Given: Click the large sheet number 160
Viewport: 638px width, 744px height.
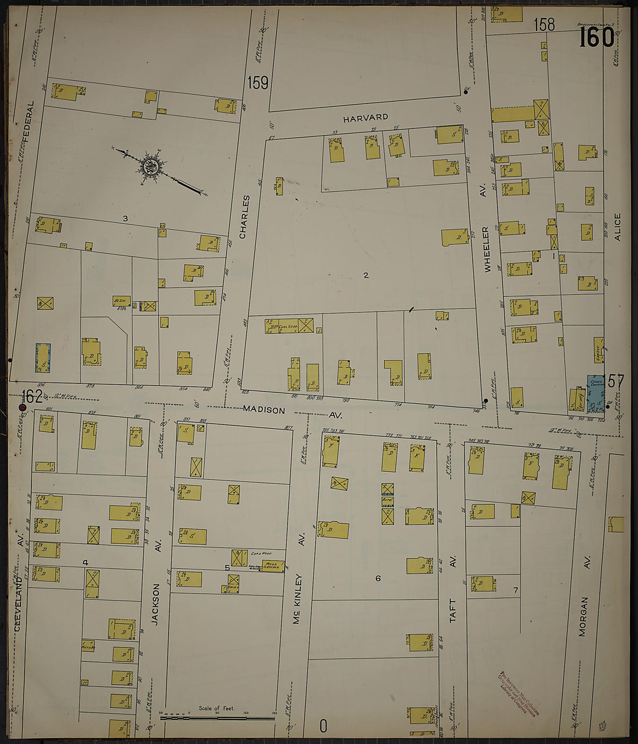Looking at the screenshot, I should coord(597,38).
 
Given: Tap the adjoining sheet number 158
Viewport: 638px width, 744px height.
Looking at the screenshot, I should coord(544,24).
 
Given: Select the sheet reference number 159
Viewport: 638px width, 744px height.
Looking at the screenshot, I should coord(258,83).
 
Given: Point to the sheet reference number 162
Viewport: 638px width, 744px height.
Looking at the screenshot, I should coord(32,396).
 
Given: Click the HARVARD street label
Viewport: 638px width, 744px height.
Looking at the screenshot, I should coord(365,118).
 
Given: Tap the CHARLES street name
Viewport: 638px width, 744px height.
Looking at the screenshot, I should coord(244,216).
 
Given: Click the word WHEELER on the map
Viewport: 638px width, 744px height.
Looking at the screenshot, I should coord(487,248).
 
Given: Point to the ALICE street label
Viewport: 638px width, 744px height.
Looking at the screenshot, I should coord(617,227).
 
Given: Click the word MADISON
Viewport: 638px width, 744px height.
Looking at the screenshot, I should coord(264,410).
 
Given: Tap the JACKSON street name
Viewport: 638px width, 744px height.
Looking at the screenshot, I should coord(155,604).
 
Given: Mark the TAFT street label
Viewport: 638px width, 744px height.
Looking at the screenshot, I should coord(454,611).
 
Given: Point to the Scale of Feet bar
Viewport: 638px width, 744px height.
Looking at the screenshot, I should coord(217,717).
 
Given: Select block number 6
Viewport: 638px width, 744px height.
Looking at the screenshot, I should coord(378,578).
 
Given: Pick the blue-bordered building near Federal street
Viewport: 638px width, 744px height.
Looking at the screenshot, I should coord(43,357).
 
